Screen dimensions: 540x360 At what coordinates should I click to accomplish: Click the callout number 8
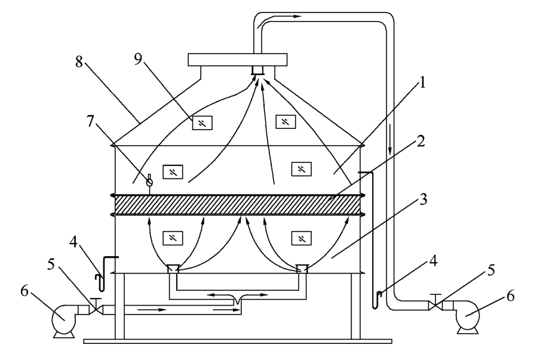pos(79,62)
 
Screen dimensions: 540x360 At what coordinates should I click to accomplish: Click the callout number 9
pos(138,59)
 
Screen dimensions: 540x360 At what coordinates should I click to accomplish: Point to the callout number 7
pos(90,121)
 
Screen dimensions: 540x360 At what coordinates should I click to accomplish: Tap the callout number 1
pos(422,82)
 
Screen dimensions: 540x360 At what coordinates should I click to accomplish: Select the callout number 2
pos(421,141)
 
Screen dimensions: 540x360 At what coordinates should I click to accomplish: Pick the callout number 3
pos(423,199)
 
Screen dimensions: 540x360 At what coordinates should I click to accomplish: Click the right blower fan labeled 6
pos(468,317)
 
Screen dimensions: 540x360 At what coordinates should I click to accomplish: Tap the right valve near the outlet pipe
pos(435,304)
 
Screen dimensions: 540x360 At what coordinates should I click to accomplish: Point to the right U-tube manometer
pos(374,241)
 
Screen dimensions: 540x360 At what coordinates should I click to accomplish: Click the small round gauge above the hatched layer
pos(149,182)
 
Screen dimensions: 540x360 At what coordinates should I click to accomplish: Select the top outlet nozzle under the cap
pos(257,70)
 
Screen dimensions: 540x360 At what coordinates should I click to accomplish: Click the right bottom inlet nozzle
pos(302,268)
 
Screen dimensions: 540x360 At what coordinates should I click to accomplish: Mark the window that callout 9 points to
pos(202,123)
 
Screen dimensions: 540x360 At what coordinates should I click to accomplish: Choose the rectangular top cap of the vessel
pos(237,60)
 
